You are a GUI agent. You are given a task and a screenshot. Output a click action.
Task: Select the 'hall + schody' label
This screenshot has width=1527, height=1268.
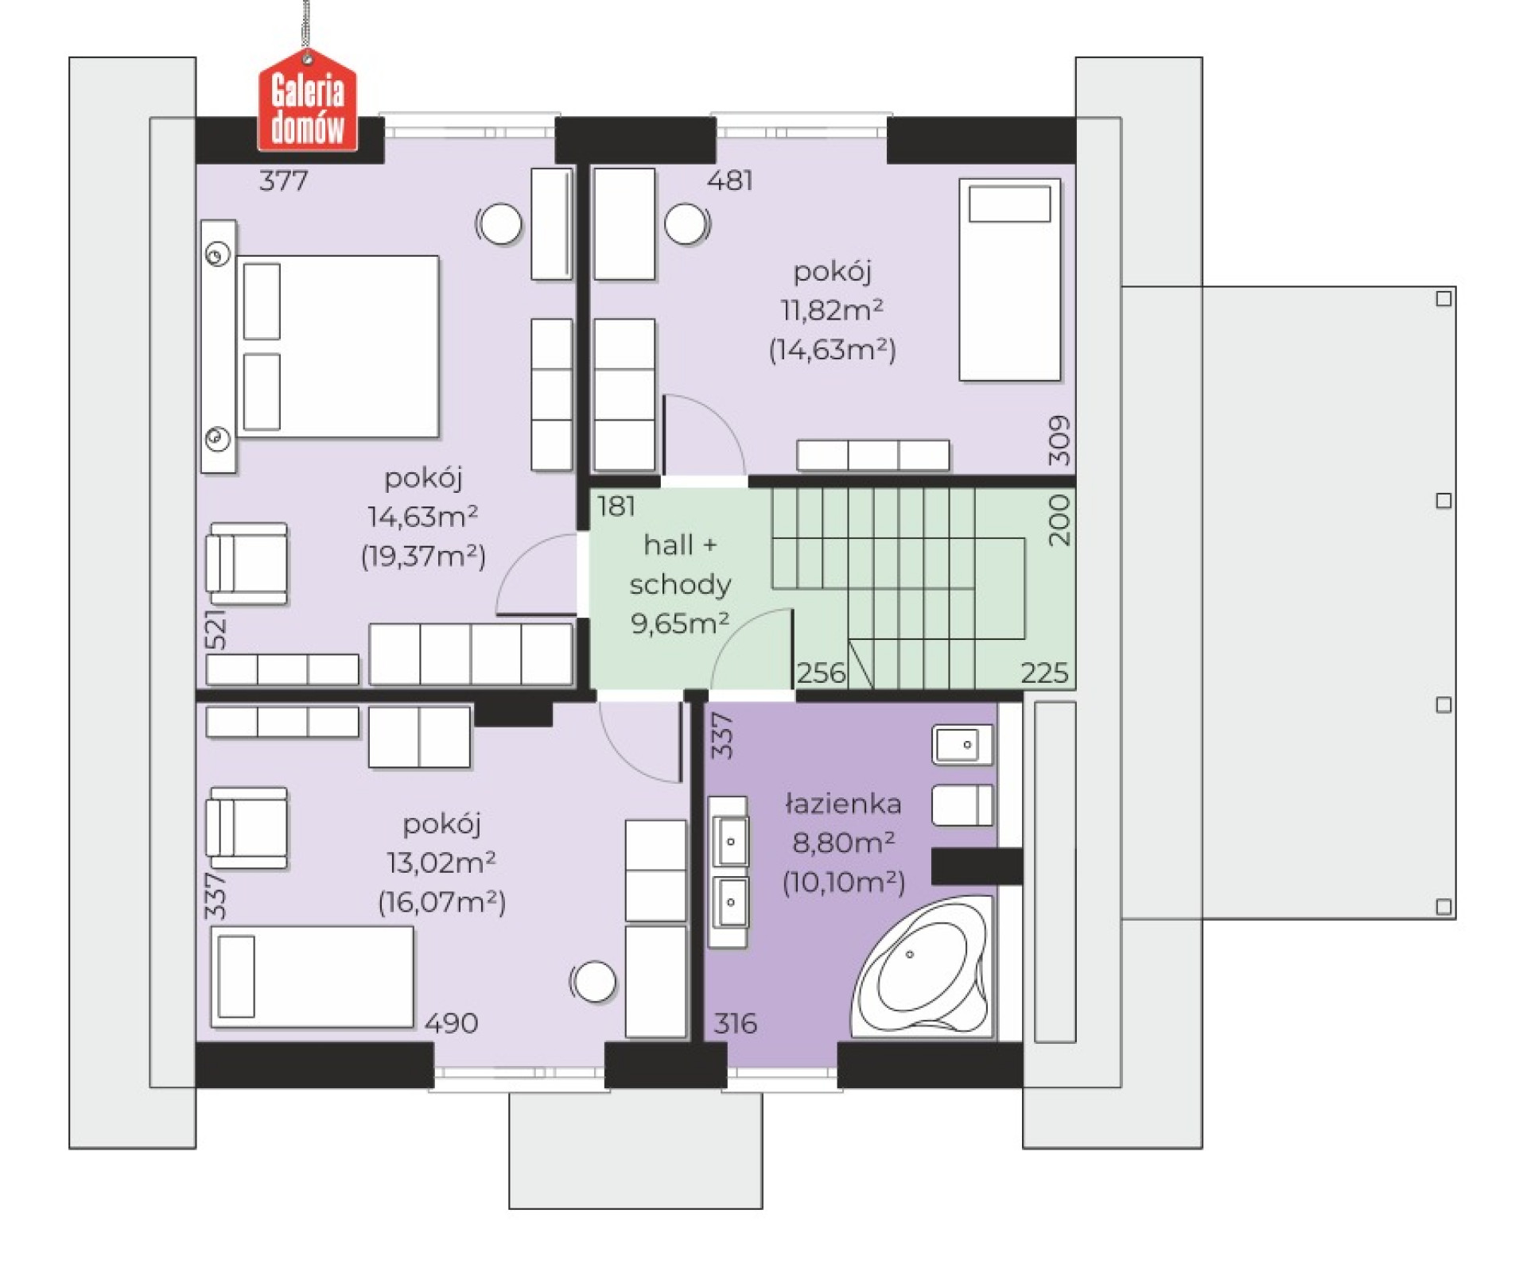click(680, 564)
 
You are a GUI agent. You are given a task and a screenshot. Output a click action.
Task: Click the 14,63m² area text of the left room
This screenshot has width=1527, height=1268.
click(422, 517)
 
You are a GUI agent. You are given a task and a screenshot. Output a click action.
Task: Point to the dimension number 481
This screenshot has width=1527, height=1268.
click(729, 180)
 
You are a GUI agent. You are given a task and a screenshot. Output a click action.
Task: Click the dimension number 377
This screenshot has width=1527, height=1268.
click(283, 180)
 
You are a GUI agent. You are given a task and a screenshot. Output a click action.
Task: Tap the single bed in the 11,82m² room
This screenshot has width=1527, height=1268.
click(1010, 280)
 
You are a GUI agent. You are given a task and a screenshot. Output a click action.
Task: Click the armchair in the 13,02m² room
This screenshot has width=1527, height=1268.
click(247, 828)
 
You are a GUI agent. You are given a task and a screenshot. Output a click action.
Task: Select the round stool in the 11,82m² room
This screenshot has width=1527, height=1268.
click(686, 223)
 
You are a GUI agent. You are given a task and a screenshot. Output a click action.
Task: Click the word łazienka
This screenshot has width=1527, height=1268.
click(843, 804)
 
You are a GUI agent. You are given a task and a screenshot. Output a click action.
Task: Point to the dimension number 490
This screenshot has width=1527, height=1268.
click(451, 1023)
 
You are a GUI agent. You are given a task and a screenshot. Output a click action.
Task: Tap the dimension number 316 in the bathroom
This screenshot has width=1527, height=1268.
click(735, 1023)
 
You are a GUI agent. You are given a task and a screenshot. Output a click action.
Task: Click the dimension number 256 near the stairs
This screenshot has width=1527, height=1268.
click(821, 673)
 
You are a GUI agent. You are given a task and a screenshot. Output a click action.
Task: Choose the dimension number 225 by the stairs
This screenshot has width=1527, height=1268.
click(1044, 673)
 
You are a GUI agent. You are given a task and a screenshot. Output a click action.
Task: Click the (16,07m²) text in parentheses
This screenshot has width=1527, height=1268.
click(441, 902)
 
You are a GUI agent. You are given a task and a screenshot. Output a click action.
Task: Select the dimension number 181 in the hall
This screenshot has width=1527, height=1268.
click(616, 506)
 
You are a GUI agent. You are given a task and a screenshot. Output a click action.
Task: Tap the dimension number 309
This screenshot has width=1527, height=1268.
click(1059, 440)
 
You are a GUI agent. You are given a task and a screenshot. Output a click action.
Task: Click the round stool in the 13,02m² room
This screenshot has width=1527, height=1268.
click(593, 982)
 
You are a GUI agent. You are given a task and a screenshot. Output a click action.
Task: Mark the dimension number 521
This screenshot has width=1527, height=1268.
click(216, 630)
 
